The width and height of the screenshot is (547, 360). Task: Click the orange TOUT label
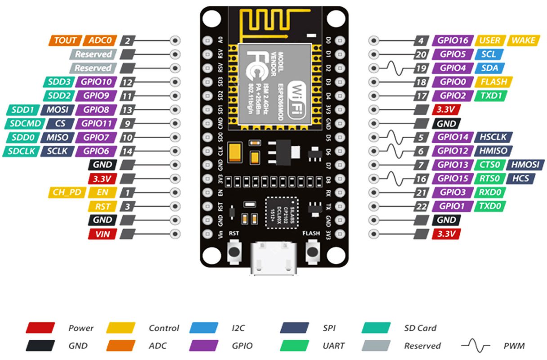tap(65, 40)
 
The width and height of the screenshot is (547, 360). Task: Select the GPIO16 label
tap(453, 40)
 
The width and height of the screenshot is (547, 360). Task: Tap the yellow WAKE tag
tap(524, 40)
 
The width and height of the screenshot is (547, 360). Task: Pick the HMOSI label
tap(526, 165)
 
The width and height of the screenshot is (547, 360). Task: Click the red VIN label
tap(103, 234)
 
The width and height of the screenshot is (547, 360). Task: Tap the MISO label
tap(56, 137)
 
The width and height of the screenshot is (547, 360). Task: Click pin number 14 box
tap(128, 151)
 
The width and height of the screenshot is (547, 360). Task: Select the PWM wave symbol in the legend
tap(475, 346)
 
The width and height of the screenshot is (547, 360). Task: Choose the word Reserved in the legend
tap(422, 346)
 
